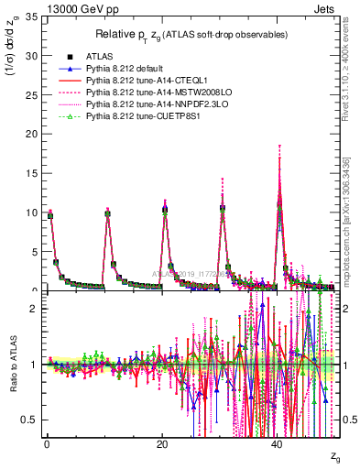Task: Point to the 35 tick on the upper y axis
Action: (30, 16)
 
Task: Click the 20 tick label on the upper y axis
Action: (30, 134)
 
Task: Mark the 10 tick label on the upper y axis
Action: (30, 213)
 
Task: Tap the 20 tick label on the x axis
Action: (162, 444)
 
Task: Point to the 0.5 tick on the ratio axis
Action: (28, 420)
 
